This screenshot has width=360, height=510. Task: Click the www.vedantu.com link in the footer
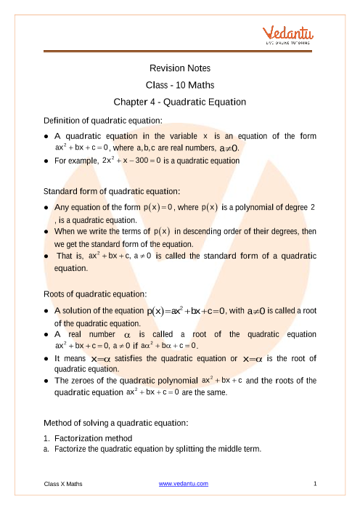pyautogui.click(x=179, y=483)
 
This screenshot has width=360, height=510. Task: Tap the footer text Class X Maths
pyautogui.click(x=62, y=483)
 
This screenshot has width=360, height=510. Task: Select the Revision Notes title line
pyautogui.click(x=179, y=68)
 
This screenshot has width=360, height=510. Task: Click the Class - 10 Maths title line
pyautogui.click(x=179, y=85)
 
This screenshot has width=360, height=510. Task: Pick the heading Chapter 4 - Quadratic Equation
pyautogui.click(x=179, y=102)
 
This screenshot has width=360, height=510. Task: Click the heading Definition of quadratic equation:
pyautogui.click(x=103, y=119)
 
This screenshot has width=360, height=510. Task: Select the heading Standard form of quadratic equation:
pyautogui.click(x=112, y=191)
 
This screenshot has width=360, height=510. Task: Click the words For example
pyautogui.click(x=76, y=160)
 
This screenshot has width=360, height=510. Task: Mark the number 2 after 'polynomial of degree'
pyautogui.click(x=313, y=208)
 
